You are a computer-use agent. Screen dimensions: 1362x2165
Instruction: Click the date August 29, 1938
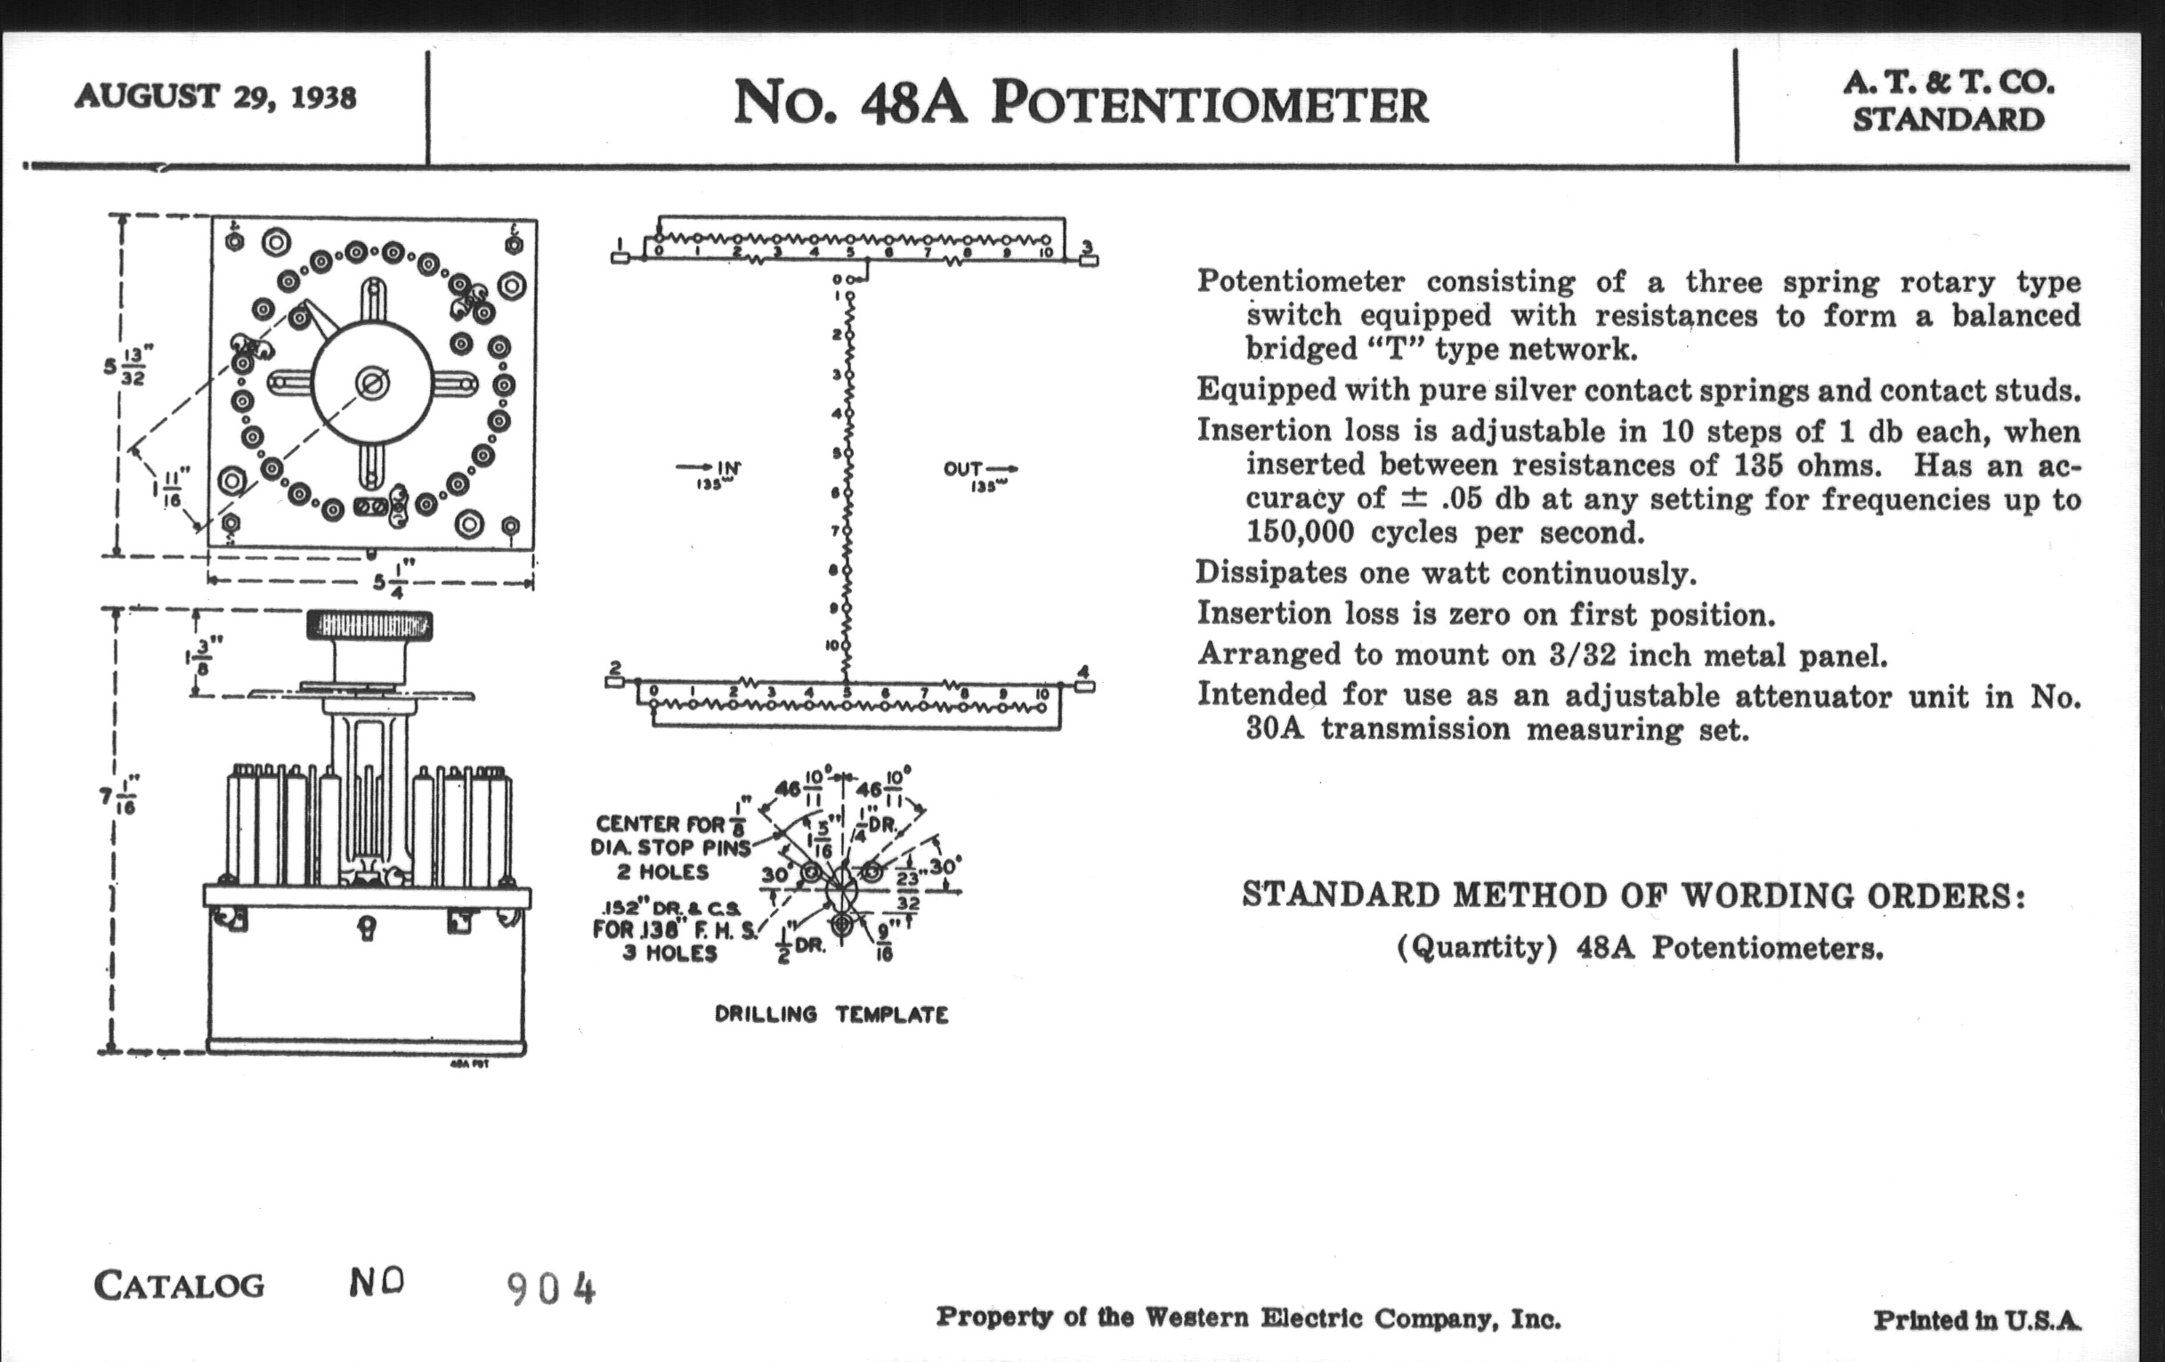pos(215,96)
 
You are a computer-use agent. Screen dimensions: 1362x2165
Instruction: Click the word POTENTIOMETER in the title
pos(1209,104)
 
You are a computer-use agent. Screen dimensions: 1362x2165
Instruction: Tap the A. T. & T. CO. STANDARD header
pos(1949,101)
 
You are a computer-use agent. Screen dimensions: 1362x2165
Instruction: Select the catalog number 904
pos(551,1289)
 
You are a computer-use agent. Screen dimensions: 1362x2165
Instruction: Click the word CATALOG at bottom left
pos(179,1285)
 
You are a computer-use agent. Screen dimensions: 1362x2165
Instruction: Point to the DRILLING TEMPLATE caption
pos(831,1015)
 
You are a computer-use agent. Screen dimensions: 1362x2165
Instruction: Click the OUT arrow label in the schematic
pos(980,474)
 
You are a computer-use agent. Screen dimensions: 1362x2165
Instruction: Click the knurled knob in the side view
pos(369,626)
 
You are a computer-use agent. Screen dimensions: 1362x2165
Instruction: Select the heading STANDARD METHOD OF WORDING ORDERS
pos(1633,896)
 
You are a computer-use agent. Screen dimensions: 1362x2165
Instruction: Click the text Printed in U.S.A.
pos(1977,1320)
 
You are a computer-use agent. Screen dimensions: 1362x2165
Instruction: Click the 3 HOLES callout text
pos(669,953)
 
